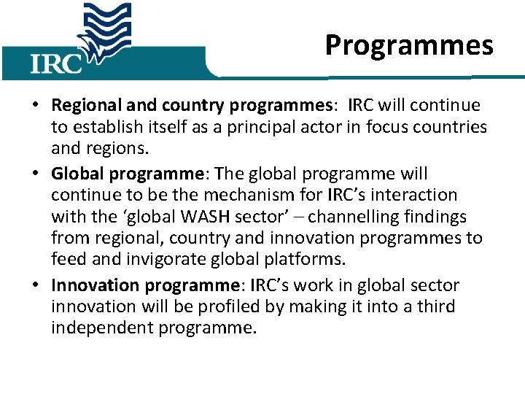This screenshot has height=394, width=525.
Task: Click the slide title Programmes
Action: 409,45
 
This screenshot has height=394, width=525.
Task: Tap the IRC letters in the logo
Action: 56,63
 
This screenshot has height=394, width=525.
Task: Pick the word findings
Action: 441,217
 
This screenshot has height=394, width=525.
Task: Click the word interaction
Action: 422,196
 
